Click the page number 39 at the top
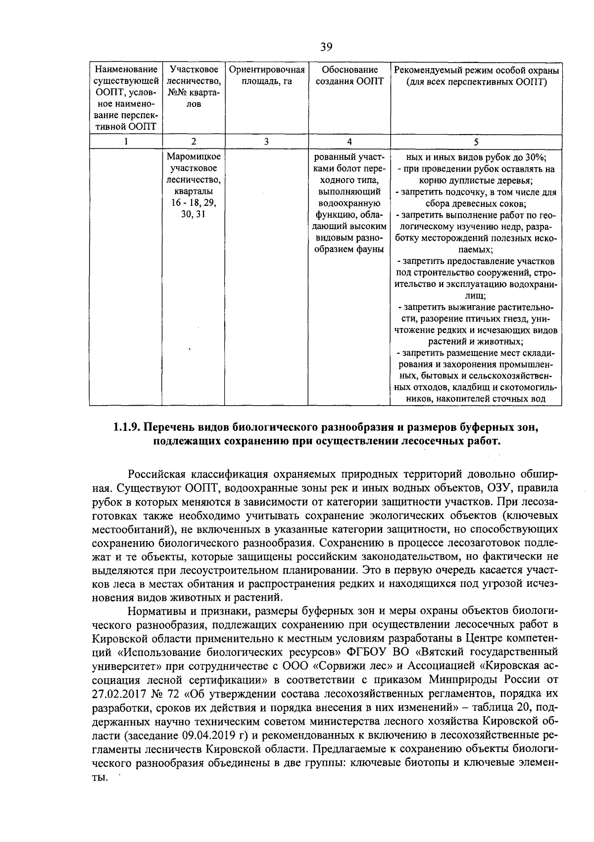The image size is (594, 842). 326,47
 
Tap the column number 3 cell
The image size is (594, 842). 266,141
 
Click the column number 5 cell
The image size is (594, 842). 476,141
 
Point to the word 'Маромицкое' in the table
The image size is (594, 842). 194,157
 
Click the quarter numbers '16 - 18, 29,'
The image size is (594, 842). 194,203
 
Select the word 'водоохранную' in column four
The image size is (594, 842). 349,203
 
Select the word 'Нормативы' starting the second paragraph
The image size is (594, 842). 152,609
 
